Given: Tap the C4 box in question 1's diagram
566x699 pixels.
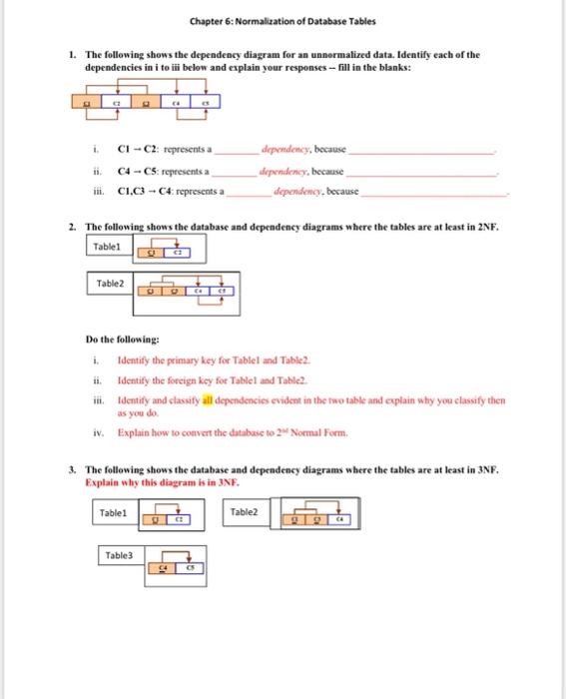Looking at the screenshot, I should pyautogui.click(x=178, y=102).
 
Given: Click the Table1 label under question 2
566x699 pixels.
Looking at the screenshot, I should pyautogui.click(x=107, y=246).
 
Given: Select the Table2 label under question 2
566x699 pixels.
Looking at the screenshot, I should pyautogui.click(x=110, y=285).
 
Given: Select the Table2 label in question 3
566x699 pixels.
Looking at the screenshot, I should pyautogui.click(x=244, y=512).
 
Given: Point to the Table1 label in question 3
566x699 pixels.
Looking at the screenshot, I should pyautogui.click(x=113, y=512).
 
